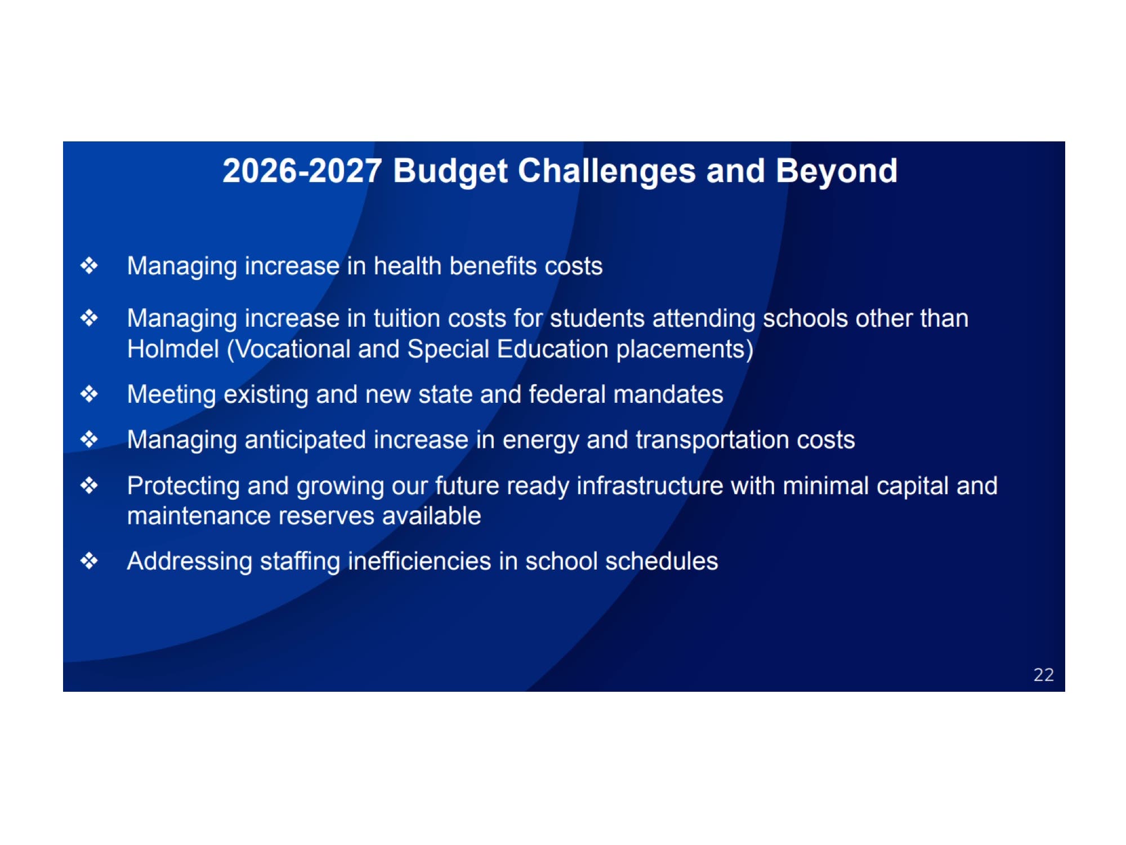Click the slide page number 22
[1043, 675]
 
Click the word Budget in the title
[450, 172]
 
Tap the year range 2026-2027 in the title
[302, 171]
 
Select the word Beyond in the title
[837, 172]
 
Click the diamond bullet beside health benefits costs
[89, 265]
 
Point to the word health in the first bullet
[408, 266]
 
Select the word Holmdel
[173, 349]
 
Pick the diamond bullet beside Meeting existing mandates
[89, 394]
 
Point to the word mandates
[668, 394]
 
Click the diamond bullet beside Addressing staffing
[89, 561]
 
